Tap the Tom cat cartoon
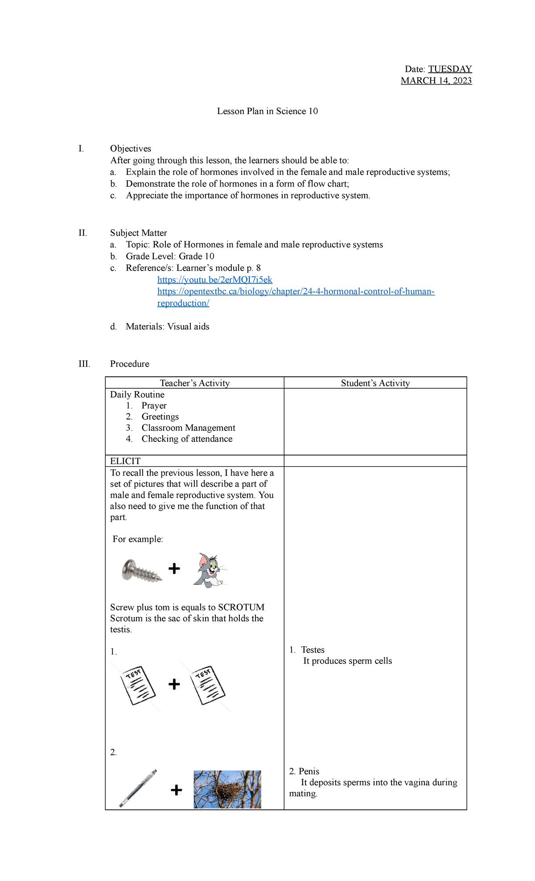pos(209,570)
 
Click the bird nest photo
pos(227,789)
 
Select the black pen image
pos(138,788)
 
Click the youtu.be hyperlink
pos(214,280)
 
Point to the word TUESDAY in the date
pos(450,69)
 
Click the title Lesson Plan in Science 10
pos(267,111)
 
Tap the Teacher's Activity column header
pos(195,383)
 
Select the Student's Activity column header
pos(375,383)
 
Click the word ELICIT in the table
pos(125,461)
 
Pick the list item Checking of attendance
pos(187,439)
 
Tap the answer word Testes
pos(313,650)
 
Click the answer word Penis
pos(309,771)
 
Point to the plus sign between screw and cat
pos(174,568)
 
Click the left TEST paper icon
pos(138,686)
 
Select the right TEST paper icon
pos(208,685)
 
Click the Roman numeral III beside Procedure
pos(84,364)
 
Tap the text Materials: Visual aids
pos(167,326)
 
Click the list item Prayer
pos(154,405)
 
